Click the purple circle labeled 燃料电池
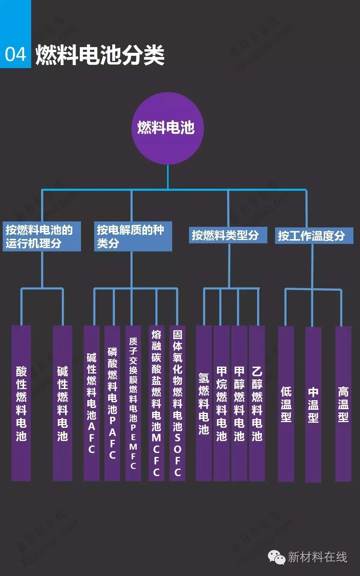[x=167, y=128]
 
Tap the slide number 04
[x=15, y=55]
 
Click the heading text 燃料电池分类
[x=100, y=55]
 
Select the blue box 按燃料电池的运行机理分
[x=42, y=236]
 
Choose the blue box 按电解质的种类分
[x=133, y=236]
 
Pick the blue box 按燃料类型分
[x=228, y=235]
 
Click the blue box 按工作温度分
[x=314, y=236]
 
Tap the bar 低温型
[x=286, y=403]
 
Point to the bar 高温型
[x=343, y=403]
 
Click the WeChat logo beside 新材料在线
[x=276, y=557]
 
